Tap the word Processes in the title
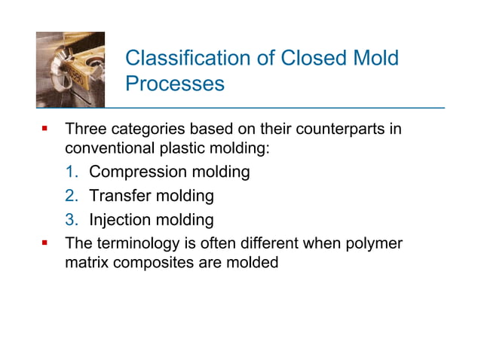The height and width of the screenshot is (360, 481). (174, 84)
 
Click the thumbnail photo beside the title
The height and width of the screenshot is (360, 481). (71, 70)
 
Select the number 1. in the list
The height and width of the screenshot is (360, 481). (73, 172)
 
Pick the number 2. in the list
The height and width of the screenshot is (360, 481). (73, 197)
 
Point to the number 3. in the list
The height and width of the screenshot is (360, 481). (73, 221)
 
